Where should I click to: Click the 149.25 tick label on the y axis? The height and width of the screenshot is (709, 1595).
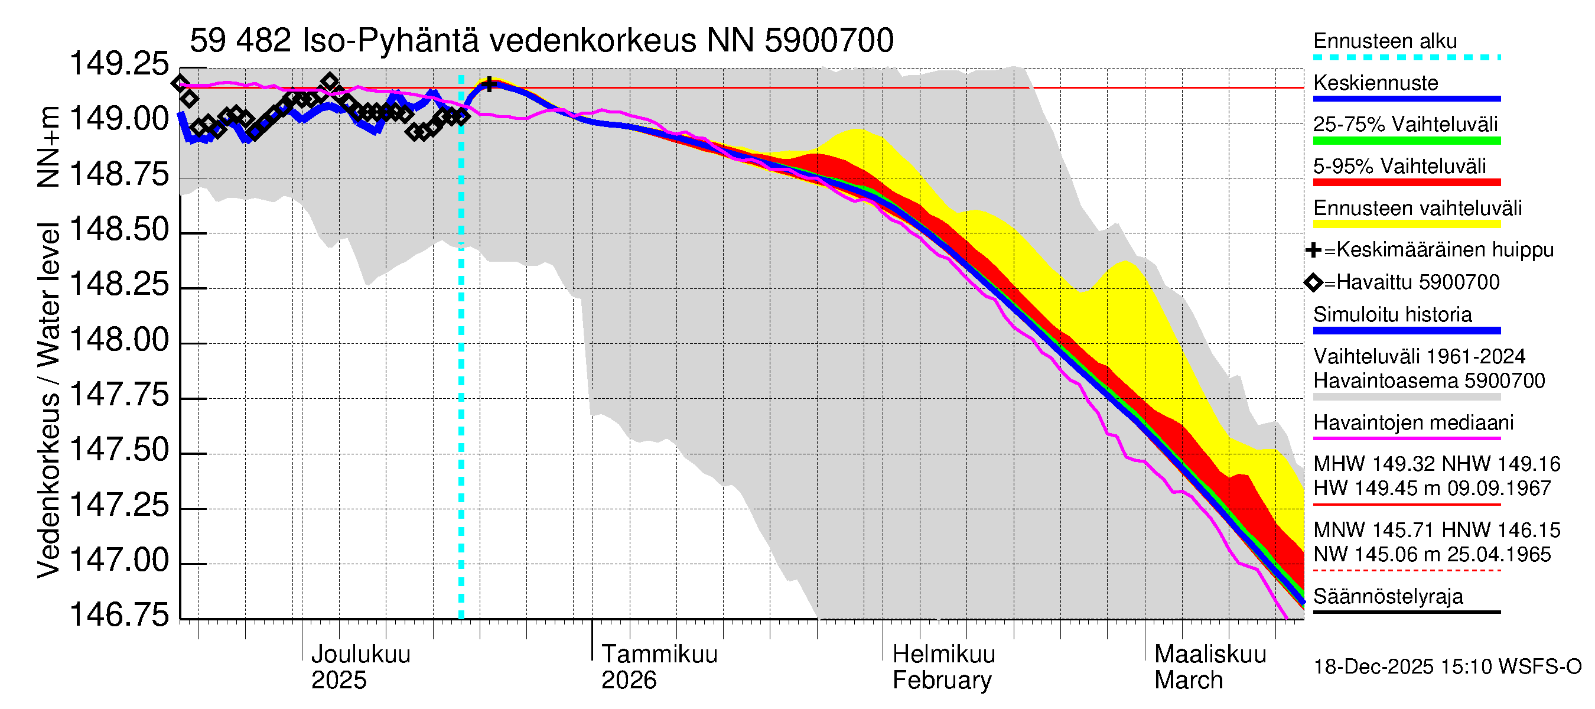pos(119,64)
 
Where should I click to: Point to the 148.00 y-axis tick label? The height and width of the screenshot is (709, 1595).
pos(119,340)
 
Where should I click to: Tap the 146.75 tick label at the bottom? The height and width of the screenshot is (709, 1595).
pos(119,615)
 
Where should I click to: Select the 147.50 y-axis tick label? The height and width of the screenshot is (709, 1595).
pos(119,450)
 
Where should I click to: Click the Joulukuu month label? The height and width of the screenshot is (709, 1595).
pos(360,655)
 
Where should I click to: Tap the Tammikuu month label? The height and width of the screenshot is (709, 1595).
pos(659,655)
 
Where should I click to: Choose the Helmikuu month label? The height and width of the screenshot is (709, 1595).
pos(943,655)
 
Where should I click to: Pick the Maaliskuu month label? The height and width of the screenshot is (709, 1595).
pos(1210,655)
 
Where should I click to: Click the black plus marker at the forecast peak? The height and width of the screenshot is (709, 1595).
pos(489,85)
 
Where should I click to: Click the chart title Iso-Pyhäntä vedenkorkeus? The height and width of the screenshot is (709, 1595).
pos(541,41)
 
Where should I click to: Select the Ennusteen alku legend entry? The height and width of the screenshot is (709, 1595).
pos(1385,41)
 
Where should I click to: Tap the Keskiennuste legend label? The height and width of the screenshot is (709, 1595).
pos(1375,83)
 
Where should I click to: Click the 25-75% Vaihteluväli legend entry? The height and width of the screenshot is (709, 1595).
pos(1405,125)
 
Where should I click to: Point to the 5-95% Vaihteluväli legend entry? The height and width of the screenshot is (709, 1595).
pos(1399,167)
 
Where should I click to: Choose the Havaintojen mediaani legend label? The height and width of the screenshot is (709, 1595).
pos(1413,423)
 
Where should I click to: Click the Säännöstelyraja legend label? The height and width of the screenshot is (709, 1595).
pos(1388,597)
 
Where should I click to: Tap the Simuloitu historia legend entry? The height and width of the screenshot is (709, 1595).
pos(1392,314)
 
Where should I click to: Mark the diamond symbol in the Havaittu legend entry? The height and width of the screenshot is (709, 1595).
pos(1313,283)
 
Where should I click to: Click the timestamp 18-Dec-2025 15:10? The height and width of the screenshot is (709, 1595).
pos(1446,667)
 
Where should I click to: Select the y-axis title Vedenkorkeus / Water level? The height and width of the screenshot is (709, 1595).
pos(48,399)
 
